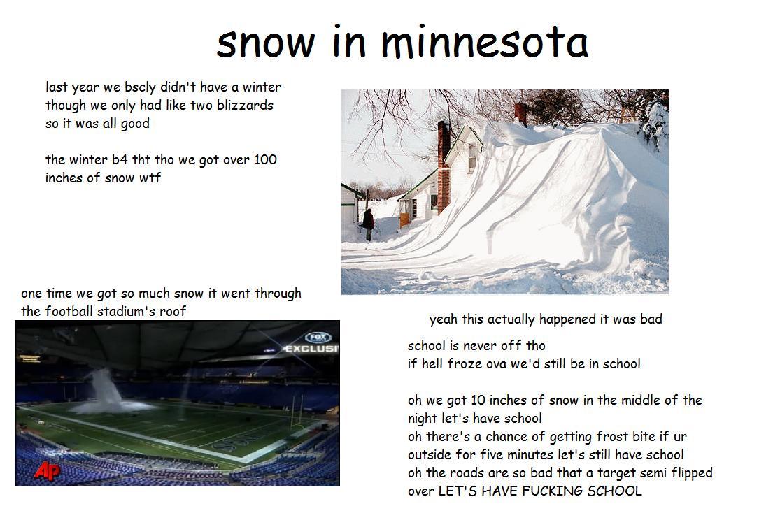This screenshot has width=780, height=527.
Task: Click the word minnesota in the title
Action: (x=485, y=42)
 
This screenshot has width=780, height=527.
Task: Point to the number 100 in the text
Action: (x=265, y=159)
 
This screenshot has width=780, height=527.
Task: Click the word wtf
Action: (x=150, y=178)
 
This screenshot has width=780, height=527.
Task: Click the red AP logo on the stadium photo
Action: (x=47, y=470)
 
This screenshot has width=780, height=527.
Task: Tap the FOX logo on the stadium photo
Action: (x=318, y=338)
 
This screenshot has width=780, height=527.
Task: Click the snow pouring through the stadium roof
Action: (x=104, y=393)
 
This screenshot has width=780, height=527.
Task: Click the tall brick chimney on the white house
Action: (x=444, y=166)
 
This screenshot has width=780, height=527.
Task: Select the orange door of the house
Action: (x=404, y=219)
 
